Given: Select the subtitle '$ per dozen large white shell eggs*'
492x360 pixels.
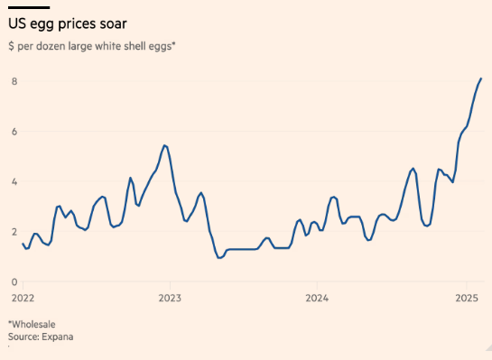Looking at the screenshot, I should point(91,45).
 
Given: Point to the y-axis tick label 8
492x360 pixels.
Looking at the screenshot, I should point(13,81).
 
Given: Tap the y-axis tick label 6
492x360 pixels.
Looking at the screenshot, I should point(13,132).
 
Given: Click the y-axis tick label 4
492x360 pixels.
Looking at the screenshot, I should point(13,181).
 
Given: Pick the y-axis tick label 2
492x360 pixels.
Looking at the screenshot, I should point(13,232).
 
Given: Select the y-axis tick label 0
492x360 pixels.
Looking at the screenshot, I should point(13,282).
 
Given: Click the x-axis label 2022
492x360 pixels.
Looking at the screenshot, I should point(23,297).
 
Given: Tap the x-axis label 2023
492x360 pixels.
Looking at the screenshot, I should point(170,297).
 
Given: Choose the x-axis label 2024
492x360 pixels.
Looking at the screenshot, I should point(317,297).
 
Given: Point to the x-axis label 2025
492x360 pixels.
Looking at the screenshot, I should point(466,297).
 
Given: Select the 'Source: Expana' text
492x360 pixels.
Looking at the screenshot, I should point(41,337).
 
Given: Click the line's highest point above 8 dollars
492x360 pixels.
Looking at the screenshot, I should point(481,78).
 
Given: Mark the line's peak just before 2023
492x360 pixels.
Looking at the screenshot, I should point(163,145).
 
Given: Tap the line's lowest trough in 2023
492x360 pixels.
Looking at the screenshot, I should point(218,258).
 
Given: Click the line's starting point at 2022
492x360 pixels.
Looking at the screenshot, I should point(23,244).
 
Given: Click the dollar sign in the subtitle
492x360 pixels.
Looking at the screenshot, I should point(11,45).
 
